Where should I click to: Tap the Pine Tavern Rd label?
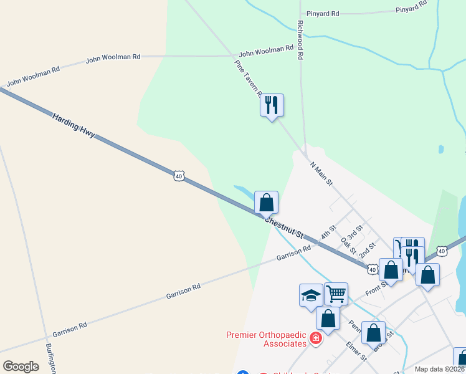tap(248, 79)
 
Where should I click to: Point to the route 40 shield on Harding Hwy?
tap(179, 176)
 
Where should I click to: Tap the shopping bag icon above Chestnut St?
tap(267, 202)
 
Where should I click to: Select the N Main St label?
tap(321, 174)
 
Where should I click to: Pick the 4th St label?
tap(328, 233)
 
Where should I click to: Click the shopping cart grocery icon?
tap(336, 292)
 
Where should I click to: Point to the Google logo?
tap(21, 367)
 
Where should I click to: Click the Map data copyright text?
tap(440, 369)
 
